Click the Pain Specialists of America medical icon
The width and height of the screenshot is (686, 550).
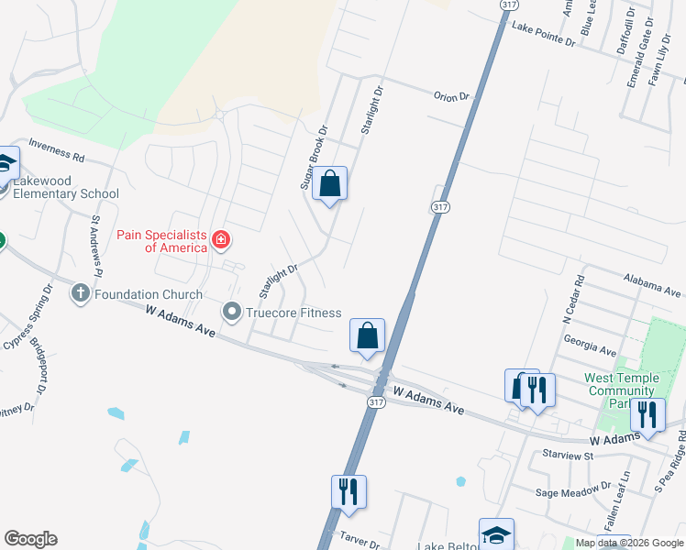pos(220,240)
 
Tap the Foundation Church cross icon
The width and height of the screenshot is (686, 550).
pos(81,294)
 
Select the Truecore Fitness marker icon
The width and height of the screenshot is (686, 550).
pos(232,313)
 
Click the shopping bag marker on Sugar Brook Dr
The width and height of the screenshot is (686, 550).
pos(330,183)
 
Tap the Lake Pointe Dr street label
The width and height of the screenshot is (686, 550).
pos(544,35)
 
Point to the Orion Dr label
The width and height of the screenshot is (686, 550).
pos(450,95)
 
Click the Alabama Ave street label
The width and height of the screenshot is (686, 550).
pos(653,284)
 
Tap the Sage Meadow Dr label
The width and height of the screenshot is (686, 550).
pos(574,493)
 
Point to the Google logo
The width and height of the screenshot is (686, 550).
pos(30,539)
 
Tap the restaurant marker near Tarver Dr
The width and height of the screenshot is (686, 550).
pos(349,492)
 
